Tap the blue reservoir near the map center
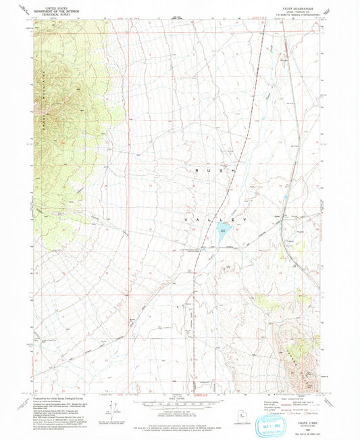pos(223,234)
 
